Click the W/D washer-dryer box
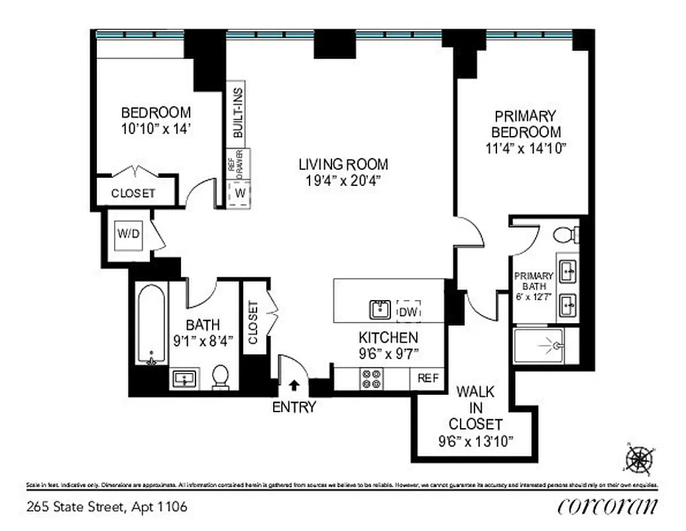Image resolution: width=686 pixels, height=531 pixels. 127,234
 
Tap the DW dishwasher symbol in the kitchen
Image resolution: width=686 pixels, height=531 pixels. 408,311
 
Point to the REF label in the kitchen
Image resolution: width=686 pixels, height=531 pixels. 428,379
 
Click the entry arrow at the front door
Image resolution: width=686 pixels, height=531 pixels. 294,384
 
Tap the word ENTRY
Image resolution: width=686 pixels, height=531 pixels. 294,408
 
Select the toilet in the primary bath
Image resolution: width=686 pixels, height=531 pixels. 563,235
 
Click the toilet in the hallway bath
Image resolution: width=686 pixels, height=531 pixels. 220,377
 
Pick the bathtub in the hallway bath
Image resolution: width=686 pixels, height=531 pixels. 151,325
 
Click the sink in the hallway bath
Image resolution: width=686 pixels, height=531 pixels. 184,379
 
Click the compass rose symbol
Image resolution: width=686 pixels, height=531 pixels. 639,458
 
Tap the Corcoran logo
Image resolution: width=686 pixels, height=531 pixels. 608,506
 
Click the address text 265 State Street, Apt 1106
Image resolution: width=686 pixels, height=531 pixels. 107,507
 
